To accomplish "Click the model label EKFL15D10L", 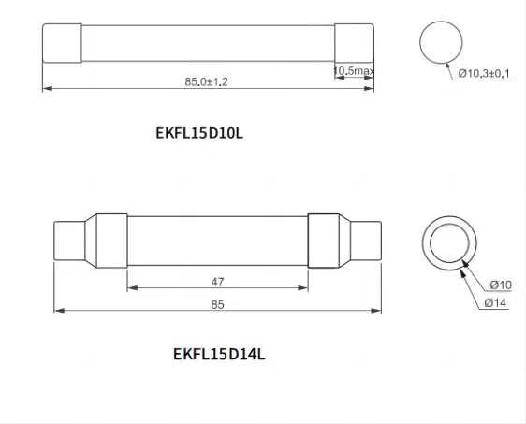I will (199, 132).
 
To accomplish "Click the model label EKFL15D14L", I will (219, 354).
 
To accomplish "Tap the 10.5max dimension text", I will (355, 70).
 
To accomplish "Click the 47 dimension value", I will (216, 281).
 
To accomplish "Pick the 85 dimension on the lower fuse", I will (216, 303).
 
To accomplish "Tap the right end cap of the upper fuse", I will (355, 43).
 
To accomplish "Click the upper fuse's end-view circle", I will (441, 44).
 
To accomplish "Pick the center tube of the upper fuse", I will (208, 43).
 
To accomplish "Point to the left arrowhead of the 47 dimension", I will (130, 289).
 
